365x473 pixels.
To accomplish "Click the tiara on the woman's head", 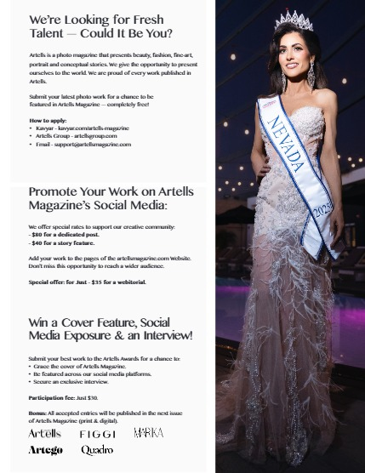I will [x=294, y=20].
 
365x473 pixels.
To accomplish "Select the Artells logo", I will [x=45, y=434].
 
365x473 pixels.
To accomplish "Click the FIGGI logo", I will [x=97, y=435].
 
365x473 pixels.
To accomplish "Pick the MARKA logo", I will [x=148, y=434].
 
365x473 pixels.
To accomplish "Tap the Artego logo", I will [x=46, y=450].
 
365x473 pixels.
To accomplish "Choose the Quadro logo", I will [x=97, y=450].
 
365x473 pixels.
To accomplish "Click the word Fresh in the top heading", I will [x=145, y=20].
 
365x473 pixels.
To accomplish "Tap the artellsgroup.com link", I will [x=94, y=136].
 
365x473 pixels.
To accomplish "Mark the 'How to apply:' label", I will [x=48, y=121].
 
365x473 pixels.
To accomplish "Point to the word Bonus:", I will [x=37, y=413].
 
